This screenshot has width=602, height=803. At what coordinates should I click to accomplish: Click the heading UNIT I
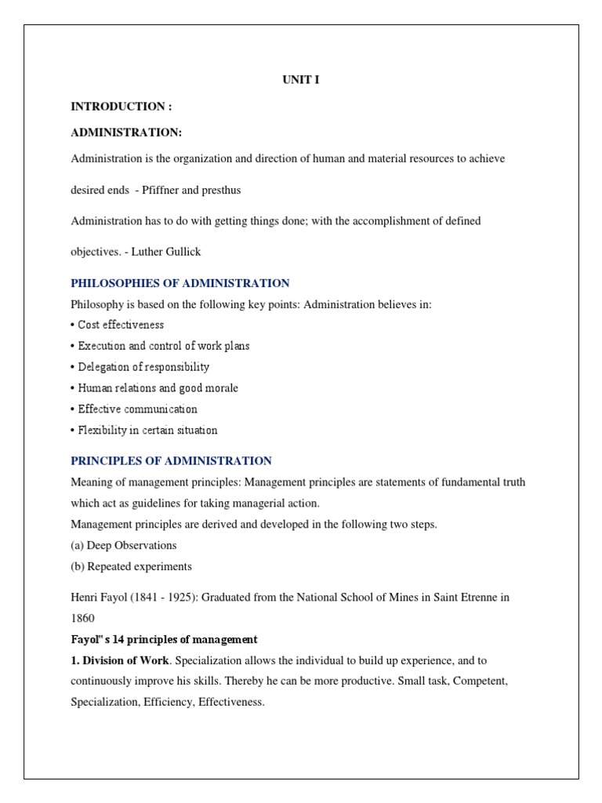(x=300, y=80)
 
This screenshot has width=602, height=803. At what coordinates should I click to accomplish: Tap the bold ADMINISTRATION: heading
(x=126, y=133)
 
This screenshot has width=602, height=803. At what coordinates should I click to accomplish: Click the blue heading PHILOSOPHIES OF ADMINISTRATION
(x=180, y=283)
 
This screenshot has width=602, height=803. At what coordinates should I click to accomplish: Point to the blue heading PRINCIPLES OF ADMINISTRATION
(x=172, y=461)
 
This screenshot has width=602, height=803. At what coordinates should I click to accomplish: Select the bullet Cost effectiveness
(x=118, y=325)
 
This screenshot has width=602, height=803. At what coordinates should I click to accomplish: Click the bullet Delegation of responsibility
(x=140, y=367)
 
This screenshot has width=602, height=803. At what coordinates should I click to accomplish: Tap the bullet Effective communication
(x=134, y=409)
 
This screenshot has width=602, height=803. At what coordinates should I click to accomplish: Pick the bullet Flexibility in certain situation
(x=144, y=431)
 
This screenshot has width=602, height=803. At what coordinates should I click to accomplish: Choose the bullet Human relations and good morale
(x=154, y=388)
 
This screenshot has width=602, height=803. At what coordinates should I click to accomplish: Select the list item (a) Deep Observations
(x=124, y=545)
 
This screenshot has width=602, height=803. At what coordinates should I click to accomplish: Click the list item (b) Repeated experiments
(x=132, y=566)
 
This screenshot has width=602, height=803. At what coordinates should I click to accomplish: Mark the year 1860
(x=82, y=619)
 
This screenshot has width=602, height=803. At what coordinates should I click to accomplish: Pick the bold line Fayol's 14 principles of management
(x=165, y=640)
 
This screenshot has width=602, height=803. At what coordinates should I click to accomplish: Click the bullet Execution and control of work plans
(x=161, y=346)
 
